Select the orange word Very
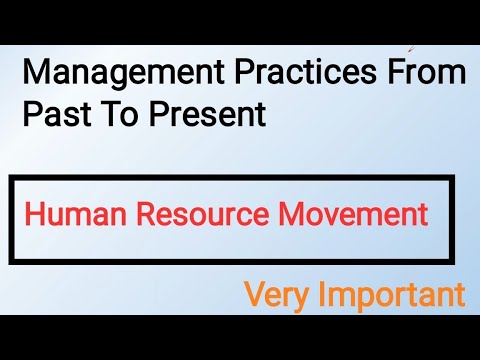[275, 295]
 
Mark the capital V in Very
[254, 294]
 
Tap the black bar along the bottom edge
[240, 337]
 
